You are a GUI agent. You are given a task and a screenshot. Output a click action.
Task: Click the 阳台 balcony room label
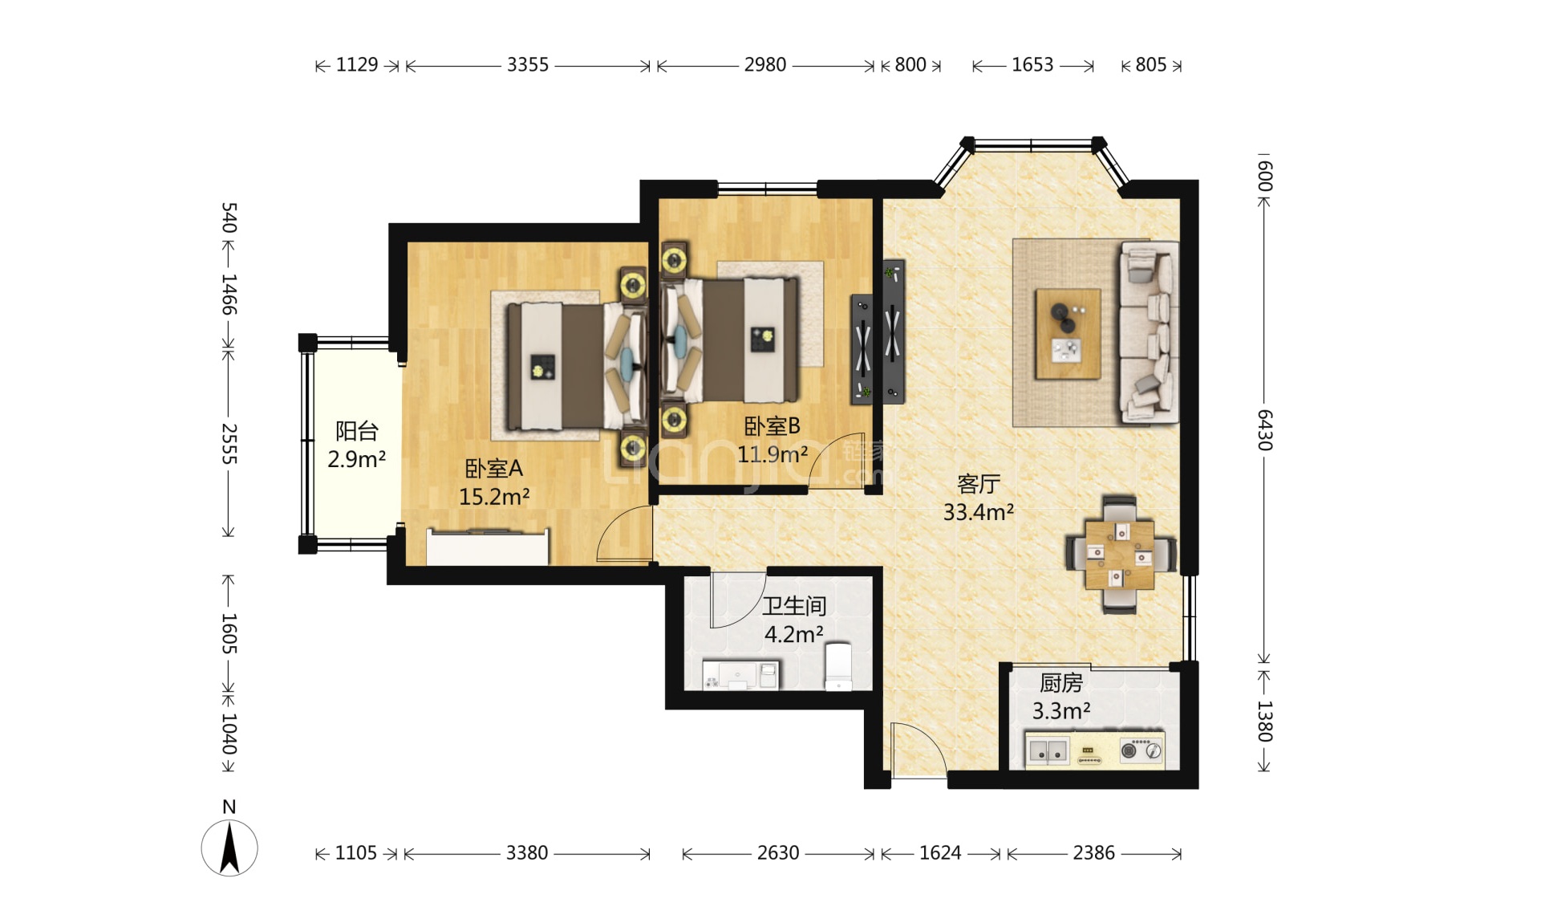point(357,431)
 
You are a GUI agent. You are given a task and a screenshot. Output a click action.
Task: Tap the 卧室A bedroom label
point(493,468)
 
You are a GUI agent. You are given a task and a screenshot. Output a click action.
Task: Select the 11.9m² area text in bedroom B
point(773,454)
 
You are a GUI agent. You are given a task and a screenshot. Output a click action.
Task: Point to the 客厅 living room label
point(979,484)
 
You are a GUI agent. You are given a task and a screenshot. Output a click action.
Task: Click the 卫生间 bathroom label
point(794,606)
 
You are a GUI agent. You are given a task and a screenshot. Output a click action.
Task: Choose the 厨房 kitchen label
point(1061,683)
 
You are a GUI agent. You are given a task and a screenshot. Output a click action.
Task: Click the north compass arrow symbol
point(229,848)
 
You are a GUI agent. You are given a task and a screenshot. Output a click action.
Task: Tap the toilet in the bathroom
point(838,665)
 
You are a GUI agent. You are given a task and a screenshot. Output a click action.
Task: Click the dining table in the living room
point(1120,554)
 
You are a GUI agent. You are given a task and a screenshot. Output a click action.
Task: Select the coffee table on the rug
point(1068,334)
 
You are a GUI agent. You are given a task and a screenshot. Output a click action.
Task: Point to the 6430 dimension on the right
point(1264,430)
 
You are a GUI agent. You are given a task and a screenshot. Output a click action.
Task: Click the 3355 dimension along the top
point(528,65)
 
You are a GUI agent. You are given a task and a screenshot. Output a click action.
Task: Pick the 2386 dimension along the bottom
point(1094,853)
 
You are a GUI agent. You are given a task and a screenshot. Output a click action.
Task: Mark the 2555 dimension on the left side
point(229,443)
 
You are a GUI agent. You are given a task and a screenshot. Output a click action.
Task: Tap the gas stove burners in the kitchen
point(1142,750)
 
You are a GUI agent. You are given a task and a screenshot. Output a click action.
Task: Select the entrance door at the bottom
point(919,750)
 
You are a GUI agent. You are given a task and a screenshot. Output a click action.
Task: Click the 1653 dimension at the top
point(1032,65)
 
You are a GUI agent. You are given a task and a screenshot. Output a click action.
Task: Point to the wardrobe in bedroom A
point(488,547)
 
